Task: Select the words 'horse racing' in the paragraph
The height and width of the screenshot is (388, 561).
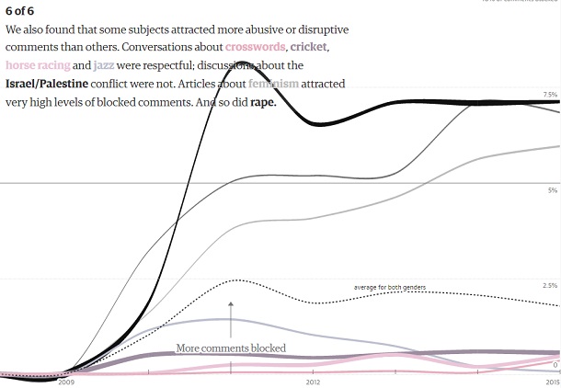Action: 37,65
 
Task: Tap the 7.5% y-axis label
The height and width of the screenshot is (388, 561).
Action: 550,95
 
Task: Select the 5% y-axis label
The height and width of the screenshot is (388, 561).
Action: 553,190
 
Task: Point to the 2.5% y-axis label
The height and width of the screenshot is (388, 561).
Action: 550,285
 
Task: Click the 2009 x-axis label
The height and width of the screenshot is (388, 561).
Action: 66,381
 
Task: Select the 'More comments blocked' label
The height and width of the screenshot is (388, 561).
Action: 231,348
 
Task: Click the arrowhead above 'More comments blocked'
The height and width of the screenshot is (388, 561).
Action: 231,302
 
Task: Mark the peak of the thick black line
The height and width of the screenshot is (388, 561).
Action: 241,63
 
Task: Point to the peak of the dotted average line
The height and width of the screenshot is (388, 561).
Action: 235,280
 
